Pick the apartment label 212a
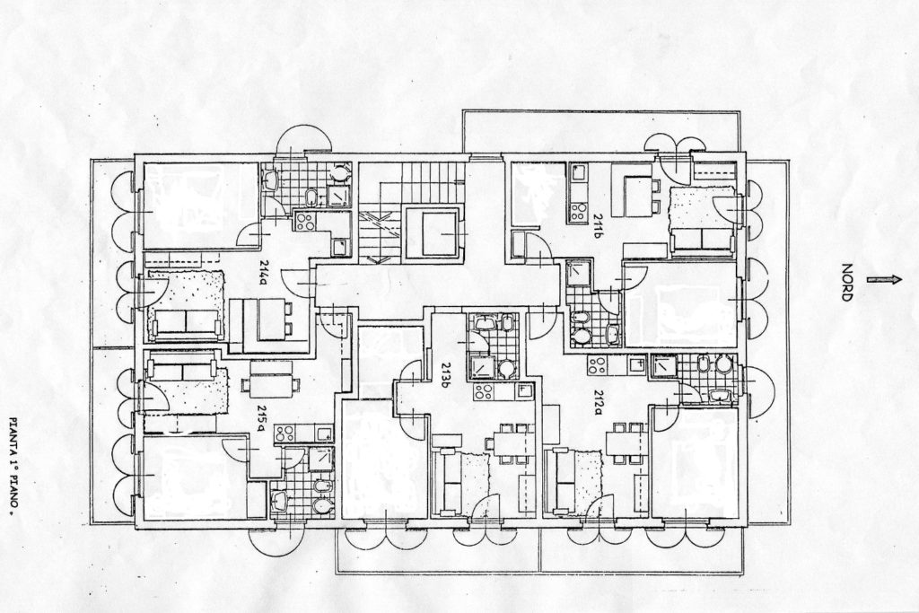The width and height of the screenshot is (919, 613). pyautogui.click(x=598, y=402)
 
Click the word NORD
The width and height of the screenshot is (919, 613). pyautogui.click(x=847, y=282)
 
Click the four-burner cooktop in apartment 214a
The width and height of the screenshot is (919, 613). pyautogui.click(x=304, y=221)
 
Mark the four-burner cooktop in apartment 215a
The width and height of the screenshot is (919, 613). pyautogui.click(x=284, y=433)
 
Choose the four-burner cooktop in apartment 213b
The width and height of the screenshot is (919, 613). pyautogui.click(x=484, y=391)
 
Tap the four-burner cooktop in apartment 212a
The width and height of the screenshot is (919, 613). pyautogui.click(x=597, y=365)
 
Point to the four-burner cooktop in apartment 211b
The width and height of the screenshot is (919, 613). pyautogui.click(x=578, y=212)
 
